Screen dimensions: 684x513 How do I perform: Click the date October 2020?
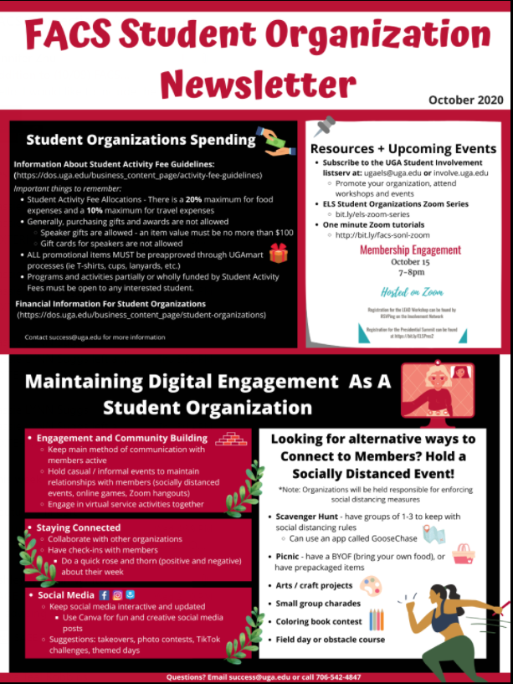[x=467, y=100]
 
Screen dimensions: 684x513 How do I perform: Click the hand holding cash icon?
[x=276, y=141]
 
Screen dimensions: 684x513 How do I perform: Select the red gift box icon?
[x=278, y=254]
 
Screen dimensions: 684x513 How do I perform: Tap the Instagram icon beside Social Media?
[x=117, y=595]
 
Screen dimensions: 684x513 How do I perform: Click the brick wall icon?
[x=230, y=437]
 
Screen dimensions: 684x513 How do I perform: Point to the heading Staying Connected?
[x=78, y=527]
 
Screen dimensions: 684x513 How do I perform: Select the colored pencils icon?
[x=377, y=620]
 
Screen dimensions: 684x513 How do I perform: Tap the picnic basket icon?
[x=463, y=553]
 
